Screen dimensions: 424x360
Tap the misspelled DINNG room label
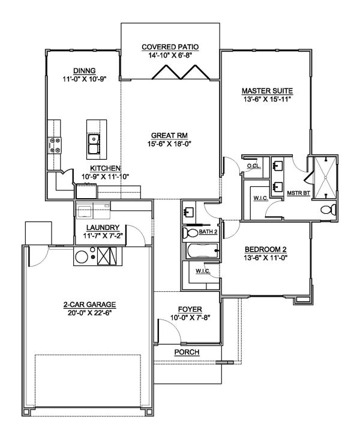coord(80,70)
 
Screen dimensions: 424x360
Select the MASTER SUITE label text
coord(266,91)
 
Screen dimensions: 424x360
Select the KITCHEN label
coord(106,168)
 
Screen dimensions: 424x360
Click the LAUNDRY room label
coord(103,228)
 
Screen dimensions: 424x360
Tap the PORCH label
coord(187,351)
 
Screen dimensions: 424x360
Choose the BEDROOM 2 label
coord(265,249)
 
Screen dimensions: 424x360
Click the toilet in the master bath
coord(325,210)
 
